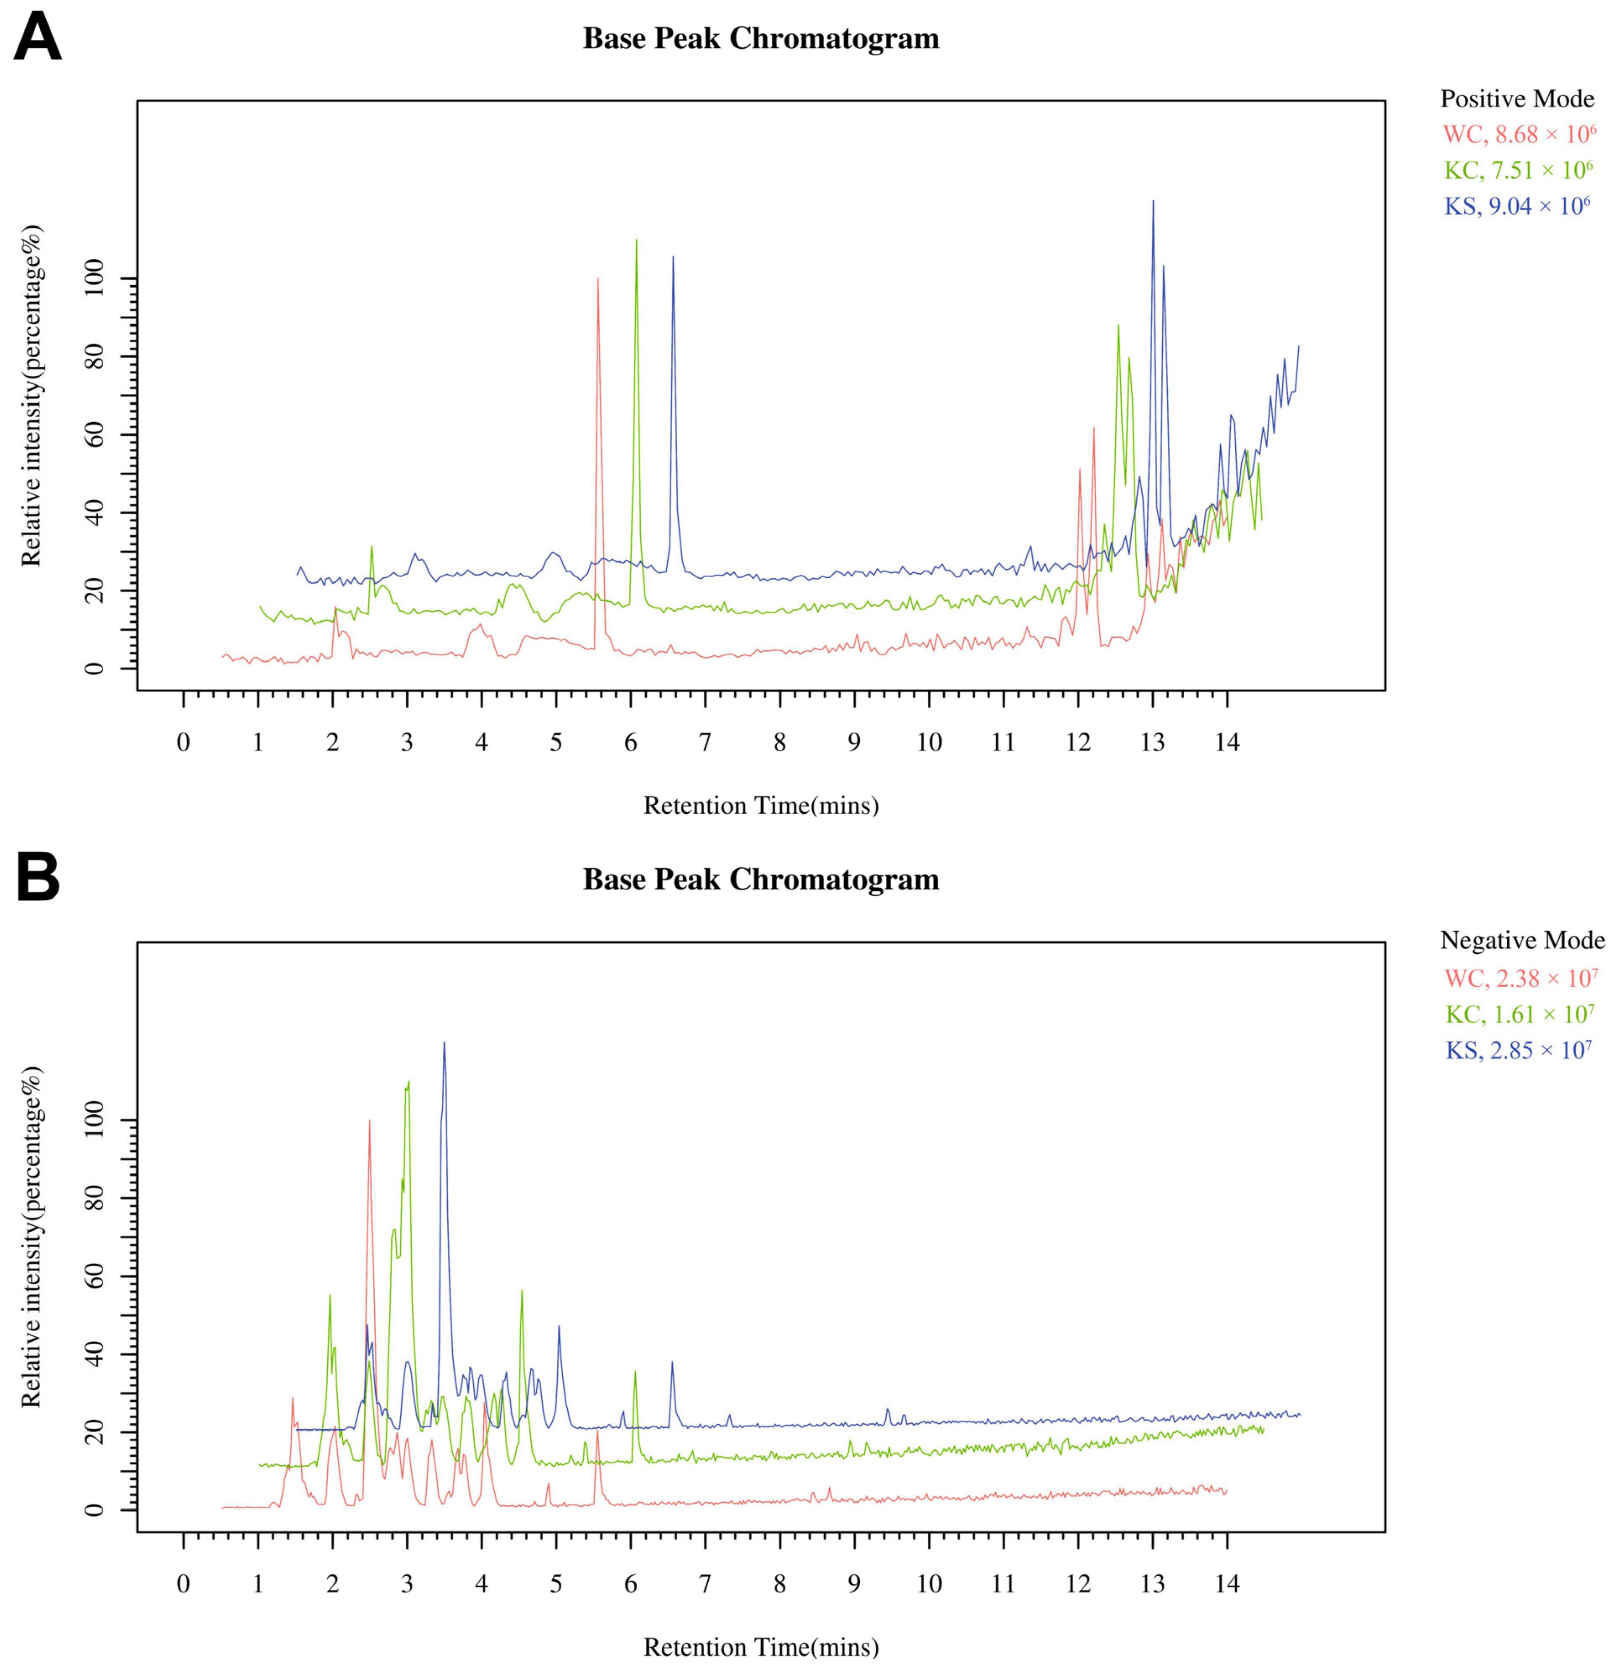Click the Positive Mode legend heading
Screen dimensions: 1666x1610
click(x=1516, y=99)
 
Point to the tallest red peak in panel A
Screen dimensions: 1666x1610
click(x=598, y=281)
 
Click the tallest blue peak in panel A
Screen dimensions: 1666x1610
click(x=1153, y=202)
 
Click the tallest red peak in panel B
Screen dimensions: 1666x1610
click(x=369, y=1122)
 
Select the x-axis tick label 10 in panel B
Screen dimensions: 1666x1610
click(x=928, y=1583)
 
